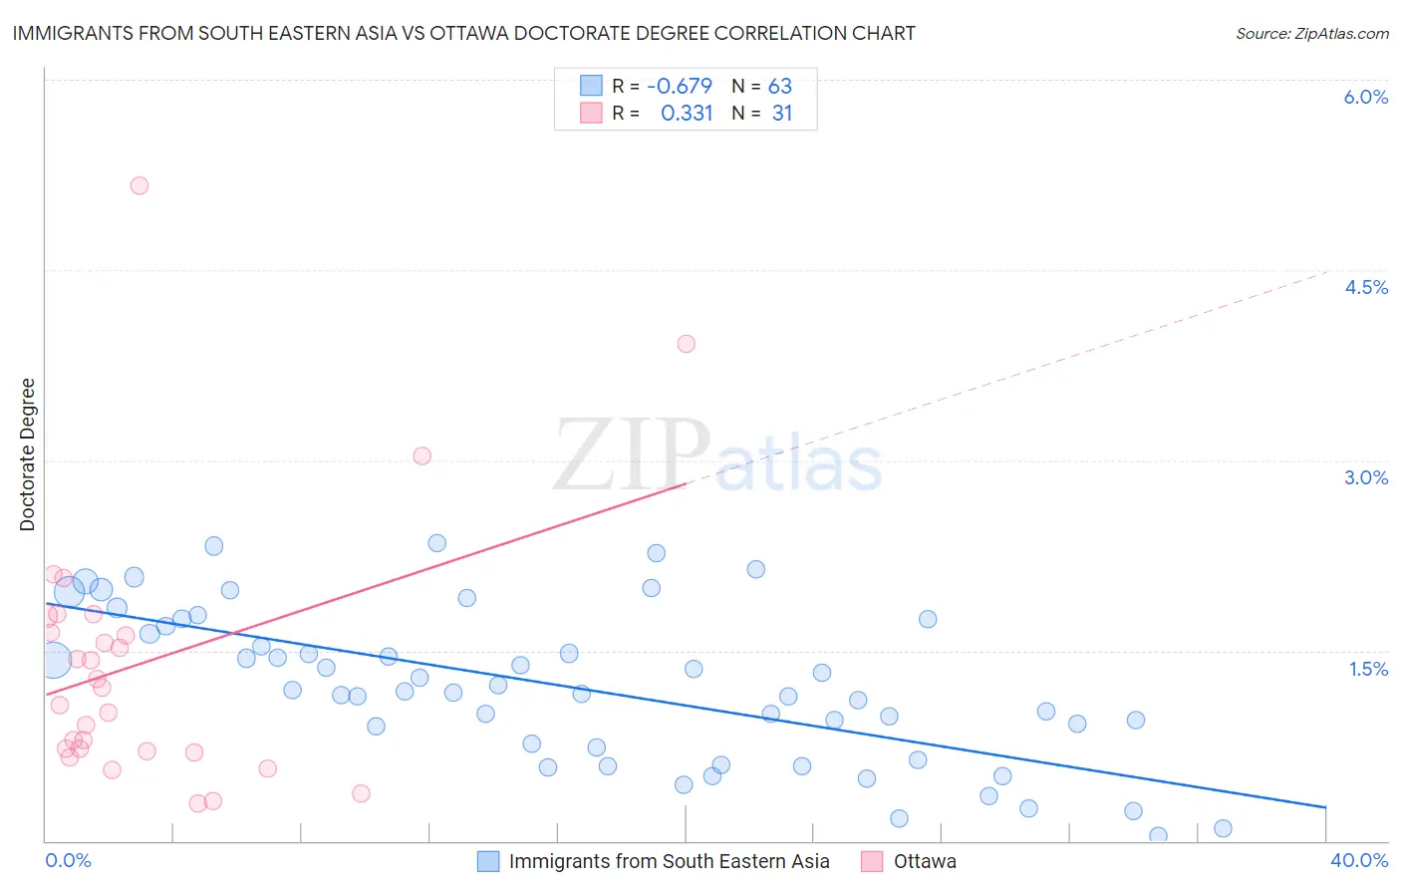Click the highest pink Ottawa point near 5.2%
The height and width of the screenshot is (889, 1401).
click(140, 185)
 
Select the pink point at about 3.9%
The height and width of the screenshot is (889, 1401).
click(686, 344)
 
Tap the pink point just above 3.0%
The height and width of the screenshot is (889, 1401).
click(422, 455)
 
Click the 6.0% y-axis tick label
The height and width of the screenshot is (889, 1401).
click(1365, 97)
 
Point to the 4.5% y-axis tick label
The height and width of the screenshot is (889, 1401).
click(1365, 287)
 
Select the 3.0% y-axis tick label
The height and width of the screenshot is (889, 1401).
click(1365, 477)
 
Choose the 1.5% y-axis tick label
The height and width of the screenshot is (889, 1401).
click(1368, 669)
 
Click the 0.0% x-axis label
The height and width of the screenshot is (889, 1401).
click(68, 860)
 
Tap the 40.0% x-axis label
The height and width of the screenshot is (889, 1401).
click(1358, 860)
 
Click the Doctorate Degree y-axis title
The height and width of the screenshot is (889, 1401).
click(28, 454)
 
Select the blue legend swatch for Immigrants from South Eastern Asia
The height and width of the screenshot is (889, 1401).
click(487, 861)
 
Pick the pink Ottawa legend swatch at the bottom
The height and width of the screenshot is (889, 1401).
click(872, 861)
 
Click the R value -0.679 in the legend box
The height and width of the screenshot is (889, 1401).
click(680, 87)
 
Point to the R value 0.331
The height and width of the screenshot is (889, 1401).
click(687, 114)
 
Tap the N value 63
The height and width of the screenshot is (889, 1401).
click(779, 87)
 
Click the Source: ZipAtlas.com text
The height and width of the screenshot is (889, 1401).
click(1311, 34)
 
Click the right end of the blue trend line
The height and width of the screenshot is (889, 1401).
click(1325, 806)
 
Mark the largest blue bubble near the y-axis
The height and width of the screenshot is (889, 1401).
click(54, 660)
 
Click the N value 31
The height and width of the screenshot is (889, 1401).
click(782, 114)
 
